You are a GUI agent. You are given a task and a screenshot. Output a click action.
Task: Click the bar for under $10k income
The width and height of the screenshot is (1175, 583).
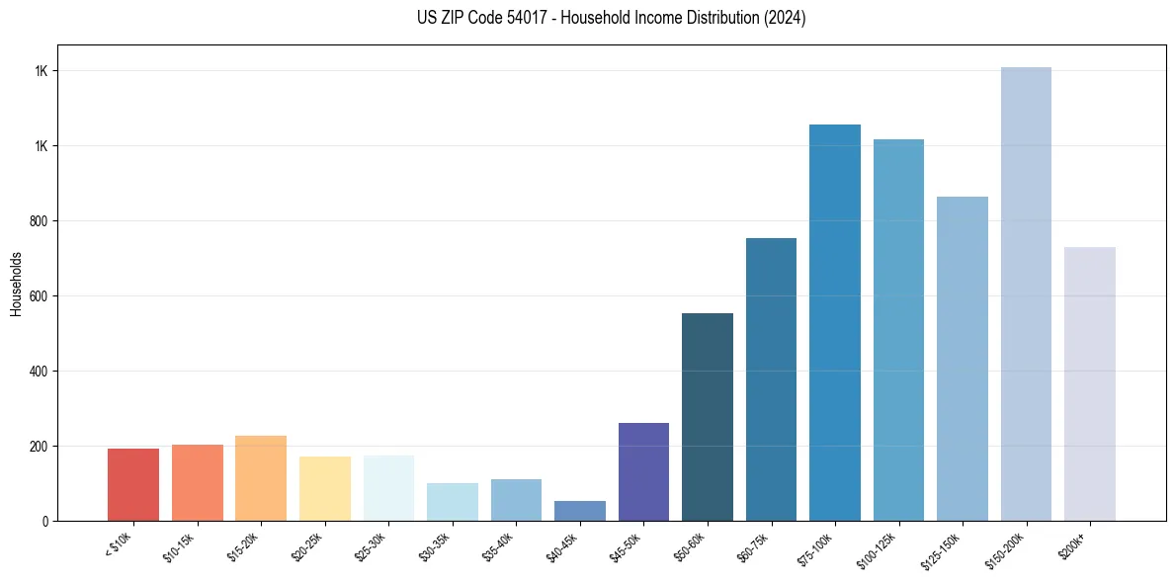(133, 484)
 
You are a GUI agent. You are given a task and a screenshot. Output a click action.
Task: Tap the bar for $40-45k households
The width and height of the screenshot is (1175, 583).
(580, 511)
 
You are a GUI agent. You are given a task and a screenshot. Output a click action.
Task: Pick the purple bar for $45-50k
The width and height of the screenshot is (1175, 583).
(643, 471)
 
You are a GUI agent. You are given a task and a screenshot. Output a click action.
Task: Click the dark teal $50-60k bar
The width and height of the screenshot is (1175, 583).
(708, 417)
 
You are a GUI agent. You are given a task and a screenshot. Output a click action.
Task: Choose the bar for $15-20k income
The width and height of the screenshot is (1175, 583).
(261, 478)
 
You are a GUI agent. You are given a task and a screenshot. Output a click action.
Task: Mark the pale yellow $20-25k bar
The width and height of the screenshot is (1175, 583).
(325, 488)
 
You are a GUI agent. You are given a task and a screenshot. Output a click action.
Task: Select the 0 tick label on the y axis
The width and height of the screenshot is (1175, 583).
(45, 521)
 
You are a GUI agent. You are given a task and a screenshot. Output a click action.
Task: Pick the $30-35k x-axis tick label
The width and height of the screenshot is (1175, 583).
(435, 547)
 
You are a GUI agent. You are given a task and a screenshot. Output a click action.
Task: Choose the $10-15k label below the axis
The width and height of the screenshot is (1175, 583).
(180, 547)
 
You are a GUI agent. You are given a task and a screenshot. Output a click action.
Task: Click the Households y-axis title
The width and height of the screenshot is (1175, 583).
(16, 283)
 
